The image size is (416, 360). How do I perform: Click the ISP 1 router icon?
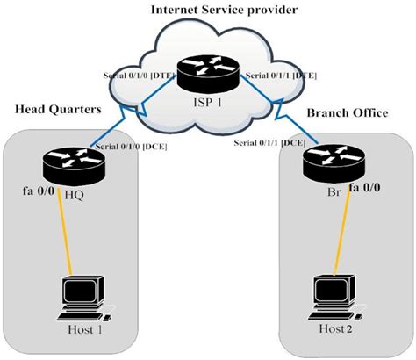tap(208, 72)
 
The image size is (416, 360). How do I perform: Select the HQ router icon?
tap(74, 167)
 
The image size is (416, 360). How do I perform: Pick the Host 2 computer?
tap(336, 297)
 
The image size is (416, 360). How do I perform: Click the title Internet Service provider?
tap(225, 10)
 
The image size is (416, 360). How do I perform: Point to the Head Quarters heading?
tap(58, 109)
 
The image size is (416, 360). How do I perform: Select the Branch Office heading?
tap(348, 112)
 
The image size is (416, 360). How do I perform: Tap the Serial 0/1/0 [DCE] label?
tap(132, 147)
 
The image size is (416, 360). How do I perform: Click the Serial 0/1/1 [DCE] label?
tap(269, 143)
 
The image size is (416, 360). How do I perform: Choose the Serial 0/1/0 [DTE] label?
tap(140, 76)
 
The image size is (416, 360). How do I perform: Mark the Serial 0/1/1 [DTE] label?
tap(281, 76)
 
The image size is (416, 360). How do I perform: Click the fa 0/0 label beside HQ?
tap(39, 191)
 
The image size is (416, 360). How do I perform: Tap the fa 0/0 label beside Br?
tap(365, 187)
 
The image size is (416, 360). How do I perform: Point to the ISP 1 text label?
tap(208, 102)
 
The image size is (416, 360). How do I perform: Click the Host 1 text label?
tap(85, 329)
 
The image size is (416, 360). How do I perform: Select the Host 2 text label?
tap(336, 328)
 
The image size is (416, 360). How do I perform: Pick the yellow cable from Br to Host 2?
tap(342, 229)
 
